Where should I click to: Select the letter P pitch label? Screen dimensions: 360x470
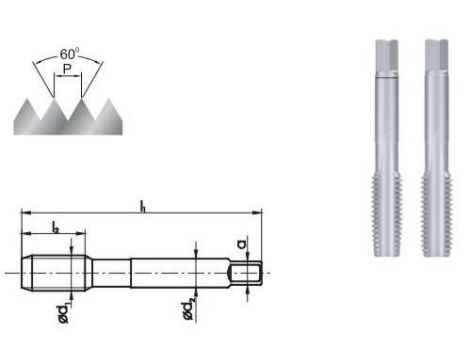67,71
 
